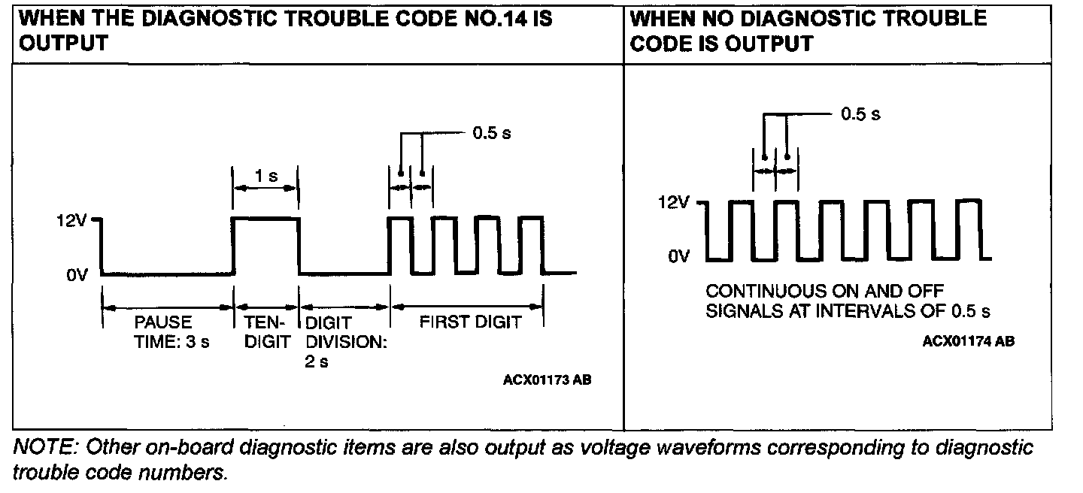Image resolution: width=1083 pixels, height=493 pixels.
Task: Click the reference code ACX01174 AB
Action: pos(969,341)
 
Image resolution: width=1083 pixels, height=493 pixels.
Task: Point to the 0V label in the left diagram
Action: pos(77,275)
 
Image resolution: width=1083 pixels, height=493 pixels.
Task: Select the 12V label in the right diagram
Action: pos(674,203)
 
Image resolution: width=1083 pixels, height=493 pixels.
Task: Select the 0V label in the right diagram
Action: pos(678,257)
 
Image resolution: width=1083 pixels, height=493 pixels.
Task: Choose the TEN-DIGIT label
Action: pos(268,331)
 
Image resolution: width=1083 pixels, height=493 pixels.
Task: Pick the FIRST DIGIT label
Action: pos(470,322)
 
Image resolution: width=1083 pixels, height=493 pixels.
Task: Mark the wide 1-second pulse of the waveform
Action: pos(266,219)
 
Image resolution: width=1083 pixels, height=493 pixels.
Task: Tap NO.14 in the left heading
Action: pos(490,18)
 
